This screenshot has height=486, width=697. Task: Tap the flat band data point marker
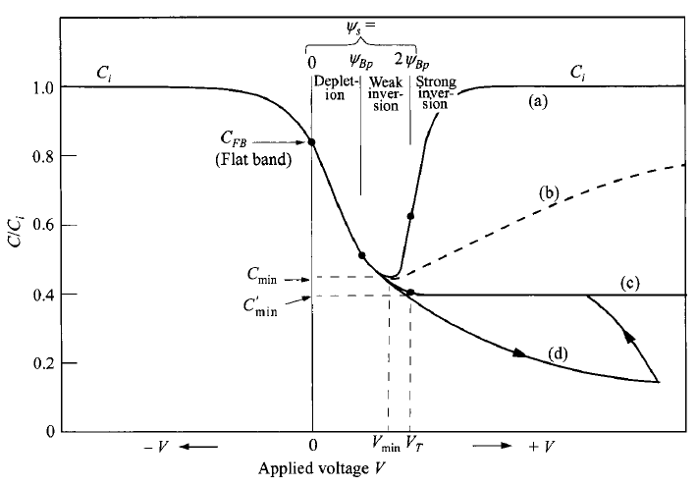click(x=311, y=142)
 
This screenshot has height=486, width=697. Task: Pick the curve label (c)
click(x=628, y=284)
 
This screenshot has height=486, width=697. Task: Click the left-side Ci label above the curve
click(x=103, y=72)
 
